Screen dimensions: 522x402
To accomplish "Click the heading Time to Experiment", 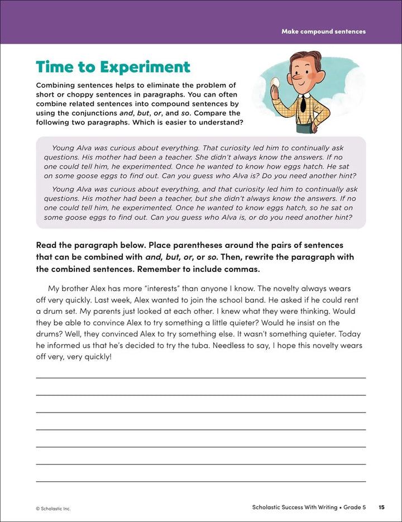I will tap(113, 67).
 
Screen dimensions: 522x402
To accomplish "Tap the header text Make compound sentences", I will tap(323, 31).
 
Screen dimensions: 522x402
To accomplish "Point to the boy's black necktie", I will tap(301, 103).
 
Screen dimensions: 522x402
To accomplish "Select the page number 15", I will tap(381, 507).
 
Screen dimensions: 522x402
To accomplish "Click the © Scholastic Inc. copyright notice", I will tap(53, 509).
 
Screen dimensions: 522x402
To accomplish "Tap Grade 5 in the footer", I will tap(354, 507).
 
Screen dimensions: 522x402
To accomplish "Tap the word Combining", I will tap(58, 85).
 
